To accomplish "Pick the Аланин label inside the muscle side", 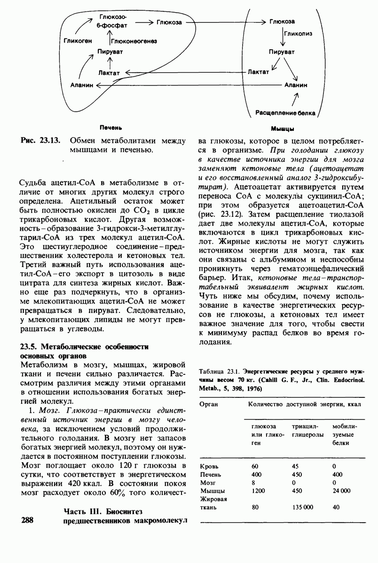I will pyautogui.click(x=296, y=85).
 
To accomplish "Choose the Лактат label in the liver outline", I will pyautogui.click(x=110, y=73).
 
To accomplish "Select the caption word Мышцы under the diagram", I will pyautogui.click(x=283, y=129).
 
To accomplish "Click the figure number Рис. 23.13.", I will pyautogui.click(x=41, y=141).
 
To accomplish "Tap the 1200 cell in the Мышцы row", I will pyautogui.click(x=259, y=490).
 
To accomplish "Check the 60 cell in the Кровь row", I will pyautogui.click(x=255, y=466).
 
